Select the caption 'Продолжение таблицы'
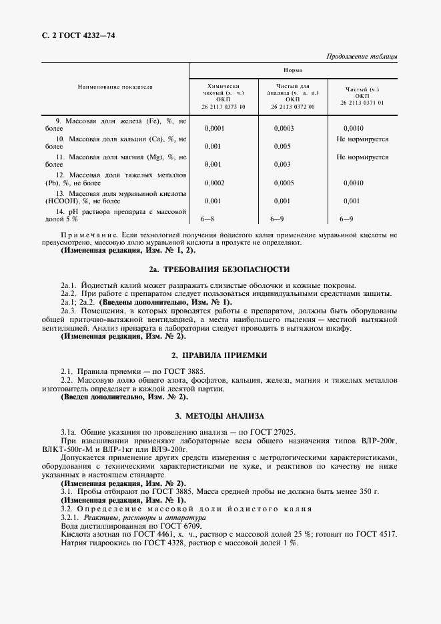(x=362, y=56)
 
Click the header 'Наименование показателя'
(x=115, y=87)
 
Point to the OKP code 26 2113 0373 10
(x=223, y=106)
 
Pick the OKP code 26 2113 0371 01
(x=362, y=103)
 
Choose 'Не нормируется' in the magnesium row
(x=362, y=157)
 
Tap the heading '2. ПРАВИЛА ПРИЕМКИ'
(x=219, y=356)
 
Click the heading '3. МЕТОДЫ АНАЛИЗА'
(x=219, y=415)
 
